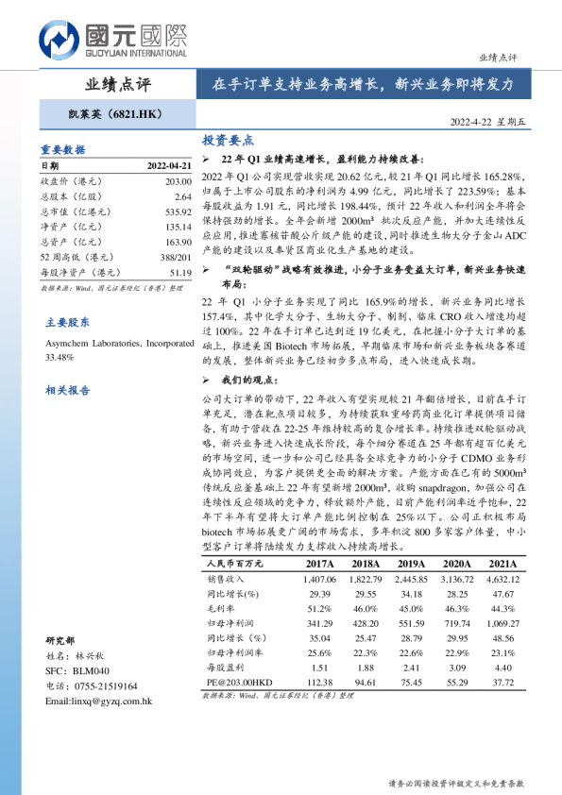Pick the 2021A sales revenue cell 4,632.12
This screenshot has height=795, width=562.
[502, 579]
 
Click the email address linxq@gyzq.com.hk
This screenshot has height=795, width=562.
[97, 702]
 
